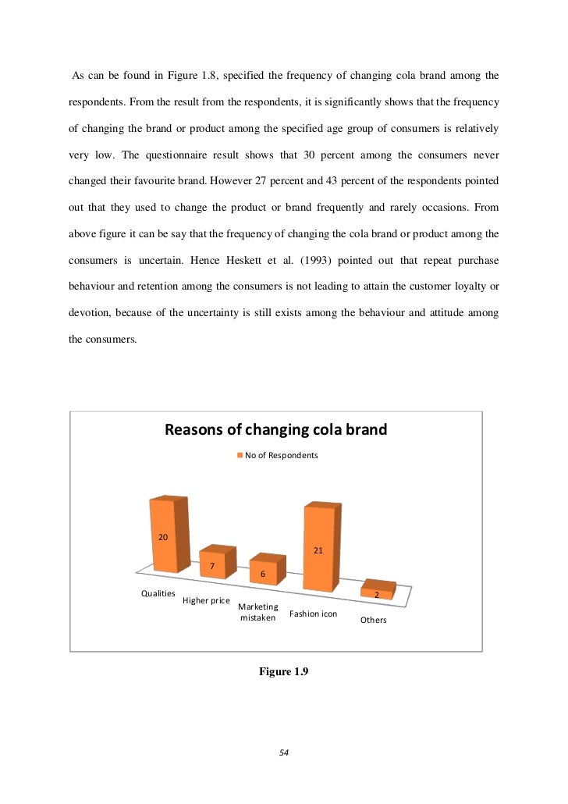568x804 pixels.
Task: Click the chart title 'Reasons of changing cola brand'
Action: click(275, 430)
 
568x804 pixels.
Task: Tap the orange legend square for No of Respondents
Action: click(240, 454)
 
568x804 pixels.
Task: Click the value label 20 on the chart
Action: click(164, 537)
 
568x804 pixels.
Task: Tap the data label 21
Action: click(318, 550)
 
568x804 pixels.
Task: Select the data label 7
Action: click(211, 566)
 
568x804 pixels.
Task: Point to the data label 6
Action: click(263, 575)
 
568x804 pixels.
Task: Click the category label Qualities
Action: click(158, 594)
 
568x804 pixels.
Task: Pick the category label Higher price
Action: click(206, 601)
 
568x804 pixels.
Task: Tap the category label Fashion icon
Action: click(313, 614)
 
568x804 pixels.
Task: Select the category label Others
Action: click(373, 621)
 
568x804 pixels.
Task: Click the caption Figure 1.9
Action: click(284, 672)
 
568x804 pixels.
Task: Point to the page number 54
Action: click(284, 752)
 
